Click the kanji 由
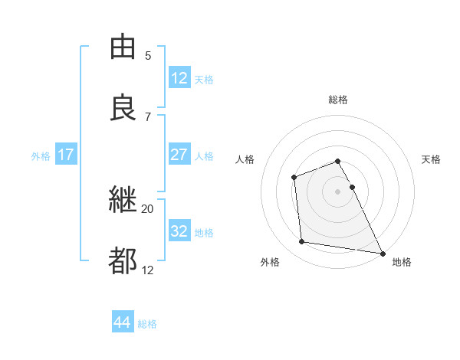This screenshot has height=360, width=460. (x=123, y=47)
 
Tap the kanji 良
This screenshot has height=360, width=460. (x=123, y=108)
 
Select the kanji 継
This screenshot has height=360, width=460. (x=123, y=200)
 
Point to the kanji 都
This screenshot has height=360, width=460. (x=123, y=261)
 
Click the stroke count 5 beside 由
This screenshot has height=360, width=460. (x=148, y=55)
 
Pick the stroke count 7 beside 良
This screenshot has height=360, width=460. (x=148, y=116)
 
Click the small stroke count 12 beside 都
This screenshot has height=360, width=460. (x=147, y=270)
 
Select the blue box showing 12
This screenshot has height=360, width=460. (x=179, y=77)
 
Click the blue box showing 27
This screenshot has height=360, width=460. (x=179, y=154)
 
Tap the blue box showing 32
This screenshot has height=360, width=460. (x=179, y=231)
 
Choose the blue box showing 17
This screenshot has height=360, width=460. (x=66, y=154)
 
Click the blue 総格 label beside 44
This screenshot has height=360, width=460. (x=147, y=324)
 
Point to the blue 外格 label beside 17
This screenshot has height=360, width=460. (x=41, y=155)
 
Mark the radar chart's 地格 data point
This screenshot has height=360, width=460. (x=383, y=253)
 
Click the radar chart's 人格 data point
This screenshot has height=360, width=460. (x=294, y=178)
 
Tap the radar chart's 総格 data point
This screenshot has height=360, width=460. (x=337, y=162)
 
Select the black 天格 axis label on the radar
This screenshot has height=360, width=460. (x=431, y=159)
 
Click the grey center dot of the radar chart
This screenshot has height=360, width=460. (x=337, y=191)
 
